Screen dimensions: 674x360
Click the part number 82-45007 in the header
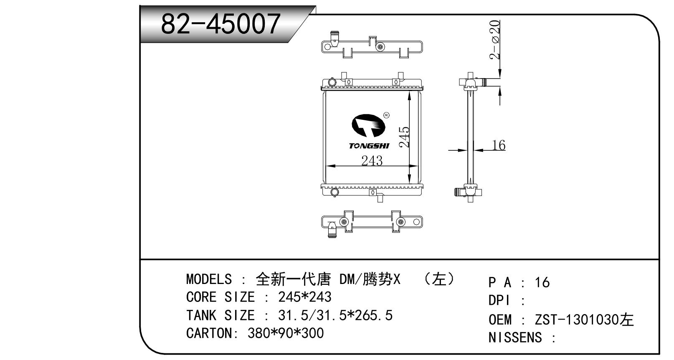220,23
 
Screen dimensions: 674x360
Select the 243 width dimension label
372,160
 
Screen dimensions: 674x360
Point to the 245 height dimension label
404,137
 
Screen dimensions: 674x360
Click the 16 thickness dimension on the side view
499,145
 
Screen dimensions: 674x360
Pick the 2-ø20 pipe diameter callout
494,39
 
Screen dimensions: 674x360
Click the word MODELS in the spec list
209,279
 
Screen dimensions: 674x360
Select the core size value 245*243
304,297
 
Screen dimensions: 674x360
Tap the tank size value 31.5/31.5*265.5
335,315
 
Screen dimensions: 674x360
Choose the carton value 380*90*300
286,333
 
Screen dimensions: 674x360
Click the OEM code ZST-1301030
577,319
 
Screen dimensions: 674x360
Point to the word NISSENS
515,337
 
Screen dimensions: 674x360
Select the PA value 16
542,282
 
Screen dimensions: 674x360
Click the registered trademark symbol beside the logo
387,115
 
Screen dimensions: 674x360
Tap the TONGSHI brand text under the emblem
369,146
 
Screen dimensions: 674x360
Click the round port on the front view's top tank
332,82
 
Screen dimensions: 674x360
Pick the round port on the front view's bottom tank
334,192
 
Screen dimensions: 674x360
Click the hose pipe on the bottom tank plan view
332,230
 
